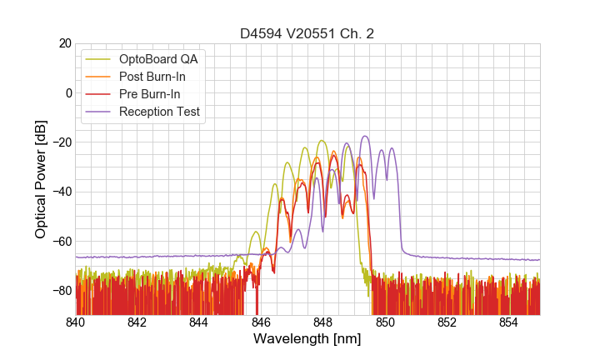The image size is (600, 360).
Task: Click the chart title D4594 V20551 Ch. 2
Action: click(307, 33)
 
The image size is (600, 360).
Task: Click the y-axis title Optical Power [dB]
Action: click(41, 179)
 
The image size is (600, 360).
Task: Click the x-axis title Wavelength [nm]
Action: click(307, 339)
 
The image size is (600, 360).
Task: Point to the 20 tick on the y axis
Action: click(63, 43)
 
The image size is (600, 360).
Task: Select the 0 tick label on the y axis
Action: click(67, 92)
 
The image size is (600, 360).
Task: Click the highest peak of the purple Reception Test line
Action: click(365, 137)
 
